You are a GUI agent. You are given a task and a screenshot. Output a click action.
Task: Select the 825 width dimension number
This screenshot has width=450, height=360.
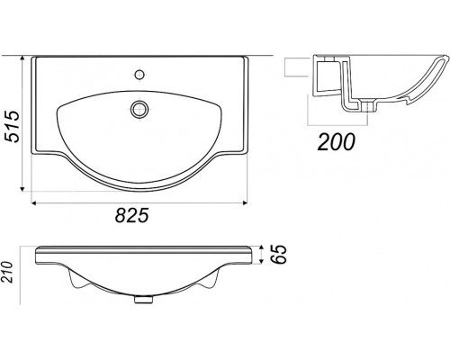click(132, 215)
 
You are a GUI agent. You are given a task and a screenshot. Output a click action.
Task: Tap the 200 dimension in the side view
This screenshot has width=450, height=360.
click(337, 141)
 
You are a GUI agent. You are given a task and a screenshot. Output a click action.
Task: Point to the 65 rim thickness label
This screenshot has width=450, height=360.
click(280, 255)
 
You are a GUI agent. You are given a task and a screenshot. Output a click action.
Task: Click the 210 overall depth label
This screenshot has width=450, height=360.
click(6, 273)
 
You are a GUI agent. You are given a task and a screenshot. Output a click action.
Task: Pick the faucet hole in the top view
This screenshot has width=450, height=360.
click(139, 75)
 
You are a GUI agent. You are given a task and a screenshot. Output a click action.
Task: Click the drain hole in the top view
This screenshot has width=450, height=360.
click(139, 109)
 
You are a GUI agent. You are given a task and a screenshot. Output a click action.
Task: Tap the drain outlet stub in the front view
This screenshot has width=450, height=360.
click(142, 299)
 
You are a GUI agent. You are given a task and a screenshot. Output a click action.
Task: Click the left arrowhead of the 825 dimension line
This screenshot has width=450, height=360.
click(34, 203)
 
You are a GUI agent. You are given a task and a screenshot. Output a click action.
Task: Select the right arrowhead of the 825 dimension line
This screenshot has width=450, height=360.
click(245, 203)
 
